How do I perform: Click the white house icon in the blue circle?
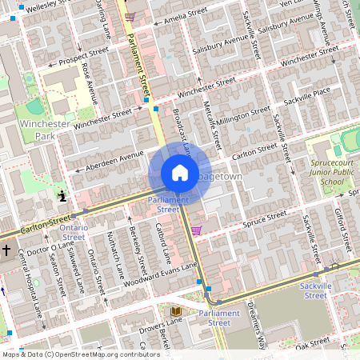[180, 173]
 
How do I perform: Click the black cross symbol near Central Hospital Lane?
[6, 250]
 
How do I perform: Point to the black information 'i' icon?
[62, 194]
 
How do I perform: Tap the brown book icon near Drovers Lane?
[176, 310]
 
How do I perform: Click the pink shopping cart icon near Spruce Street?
[196, 230]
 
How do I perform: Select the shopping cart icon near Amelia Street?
[130, 16]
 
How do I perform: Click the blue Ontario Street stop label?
[74, 232]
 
